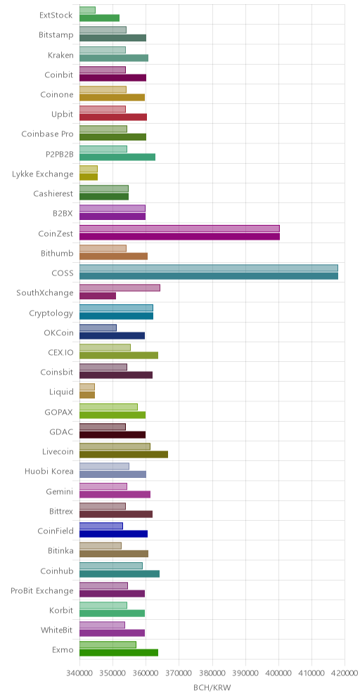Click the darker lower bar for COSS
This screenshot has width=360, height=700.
pyautogui.click(x=209, y=276)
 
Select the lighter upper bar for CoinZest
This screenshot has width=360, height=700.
pyautogui.click(x=179, y=228)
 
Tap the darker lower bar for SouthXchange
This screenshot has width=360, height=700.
pyautogui.click(x=97, y=296)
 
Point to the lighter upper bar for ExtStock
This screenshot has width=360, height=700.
pyautogui.click(x=88, y=11)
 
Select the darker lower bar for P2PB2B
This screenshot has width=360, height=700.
pyautogui.click(x=117, y=157)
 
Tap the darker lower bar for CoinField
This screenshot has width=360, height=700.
pyautogui.click(x=113, y=534)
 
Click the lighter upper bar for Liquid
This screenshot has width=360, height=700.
pyautogui.click(x=87, y=387)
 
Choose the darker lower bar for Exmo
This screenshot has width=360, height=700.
pyautogui.click(x=119, y=653)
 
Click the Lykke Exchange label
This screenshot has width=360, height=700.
pyautogui.click(x=42, y=174)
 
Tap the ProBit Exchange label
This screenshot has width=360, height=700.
pyautogui.click(x=42, y=590)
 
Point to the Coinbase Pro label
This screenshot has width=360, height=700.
pyautogui.click(x=47, y=134)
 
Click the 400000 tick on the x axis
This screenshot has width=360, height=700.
pyautogui.click(x=278, y=673)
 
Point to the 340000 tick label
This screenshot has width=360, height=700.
pyautogui.click(x=79, y=673)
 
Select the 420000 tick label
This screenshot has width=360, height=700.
pyautogui.click(x=345, y=673)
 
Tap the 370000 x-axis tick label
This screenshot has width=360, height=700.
pyautogui.click(x=179, y=673)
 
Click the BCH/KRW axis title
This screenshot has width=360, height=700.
pyautogui.click(x=212, y=688)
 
